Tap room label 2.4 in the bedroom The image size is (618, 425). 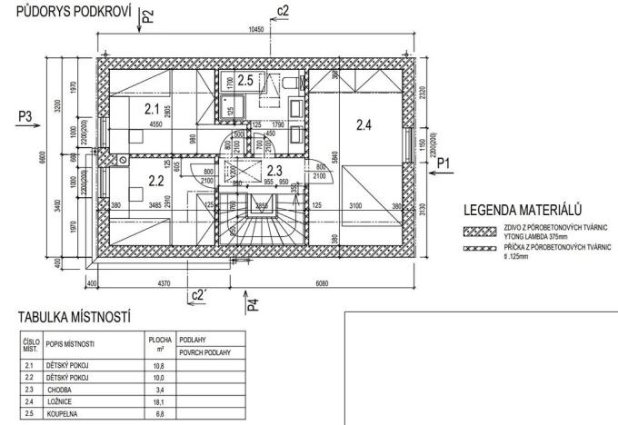(363, 125)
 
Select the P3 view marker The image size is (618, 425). (25, 115)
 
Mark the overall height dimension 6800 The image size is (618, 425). (40, 160)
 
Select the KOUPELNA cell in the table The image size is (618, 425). (64, 411)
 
